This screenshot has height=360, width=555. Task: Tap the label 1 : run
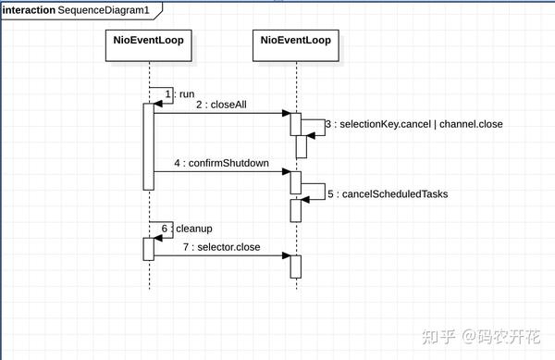click(x=181, y=94)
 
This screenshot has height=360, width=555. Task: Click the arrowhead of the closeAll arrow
click(x=287, y=114)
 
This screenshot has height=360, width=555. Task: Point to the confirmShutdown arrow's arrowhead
click(x=287, y=171)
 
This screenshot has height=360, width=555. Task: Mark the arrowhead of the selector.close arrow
click(x=287, y=255)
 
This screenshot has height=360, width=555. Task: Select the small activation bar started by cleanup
click(x=148, y=249)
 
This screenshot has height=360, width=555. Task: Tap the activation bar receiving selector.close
click(x=296, y=266)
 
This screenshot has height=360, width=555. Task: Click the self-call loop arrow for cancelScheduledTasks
click(x=319, y=192)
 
